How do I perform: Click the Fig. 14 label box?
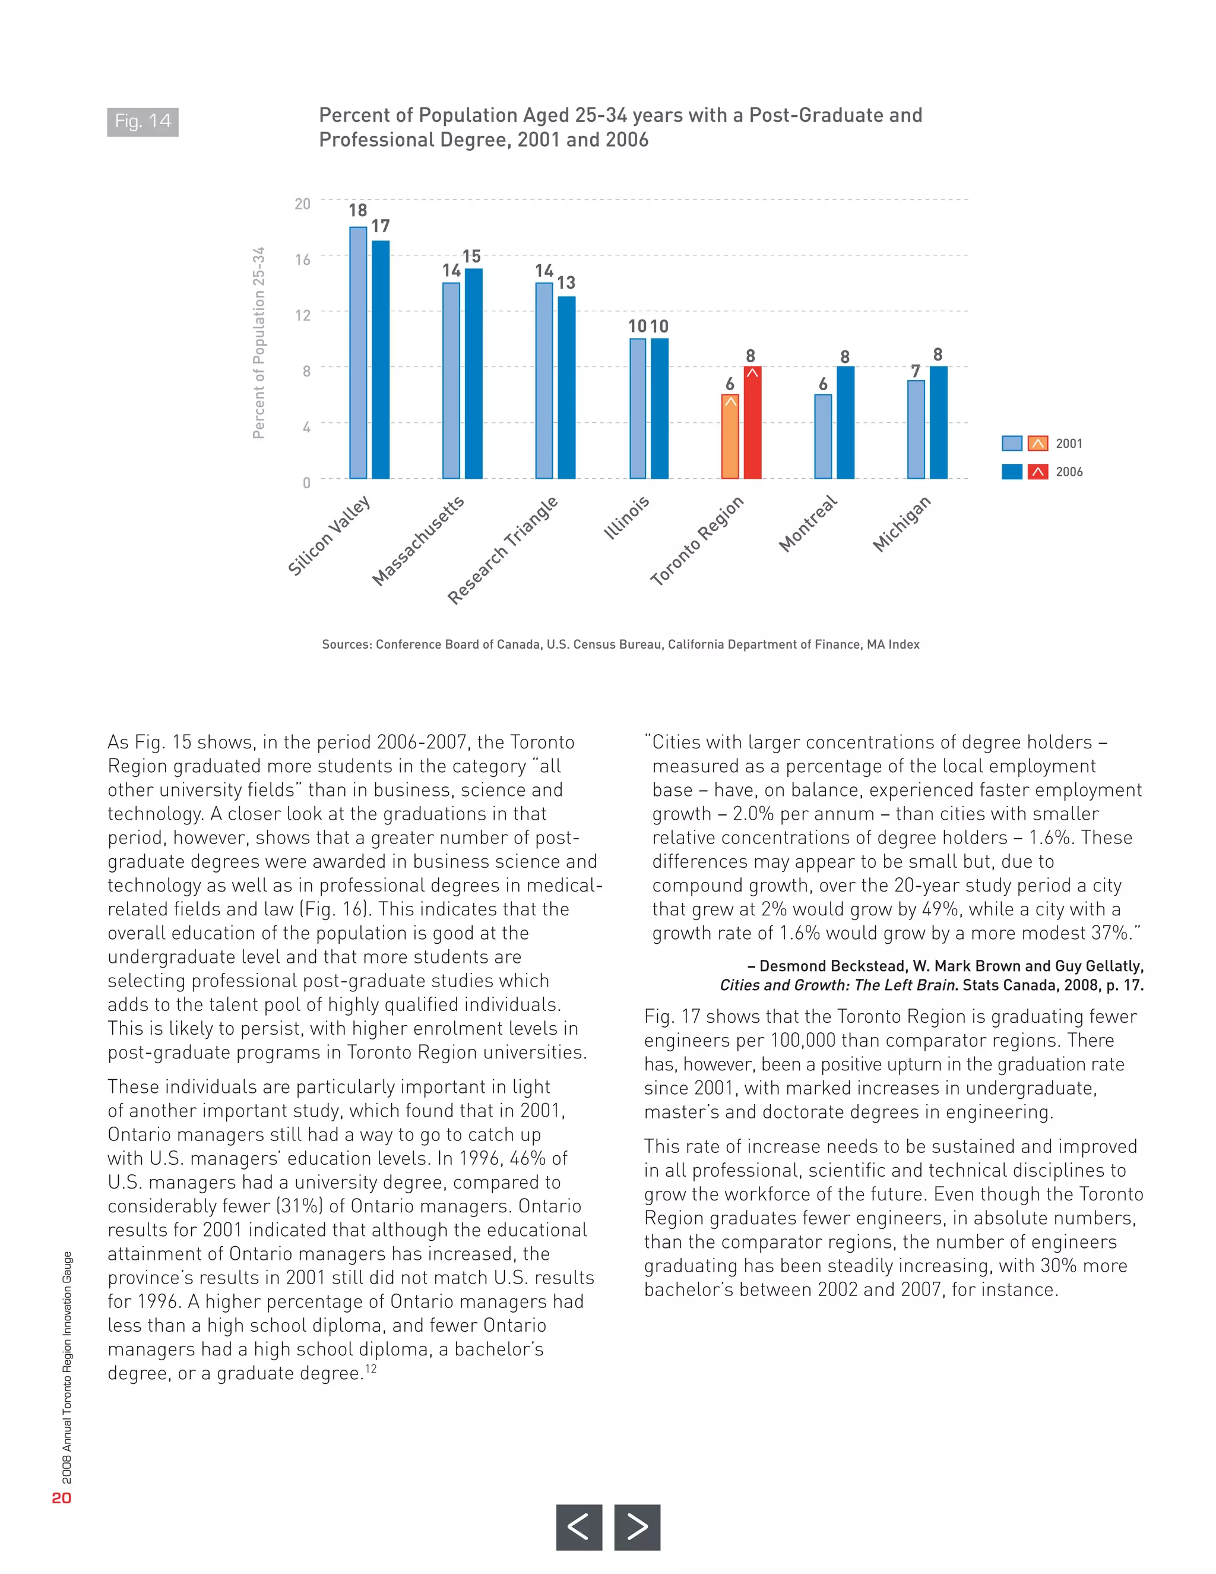tap(142, 122)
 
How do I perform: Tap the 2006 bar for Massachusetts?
tap(473, 374)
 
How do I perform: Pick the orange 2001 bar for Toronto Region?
tap(730, 436)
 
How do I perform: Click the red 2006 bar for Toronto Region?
tap(752, 422)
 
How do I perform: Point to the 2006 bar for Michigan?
tap(938, 422)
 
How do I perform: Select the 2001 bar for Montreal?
tap(823, 436)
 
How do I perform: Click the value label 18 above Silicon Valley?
tap(358, 210)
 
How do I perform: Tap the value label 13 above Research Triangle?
tap(566, 283)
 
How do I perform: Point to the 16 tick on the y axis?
tap(303, 260)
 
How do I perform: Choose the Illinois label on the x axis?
tap(627, 517)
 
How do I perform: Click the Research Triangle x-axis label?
tap(503, 550)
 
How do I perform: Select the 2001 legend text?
tap(1068, 444)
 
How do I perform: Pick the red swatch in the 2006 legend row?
tap(1037, 472)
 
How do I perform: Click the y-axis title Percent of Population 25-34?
tap(259, 343)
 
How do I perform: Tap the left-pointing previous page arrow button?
tap(578, 1526)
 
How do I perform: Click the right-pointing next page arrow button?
tap(637, 1526)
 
